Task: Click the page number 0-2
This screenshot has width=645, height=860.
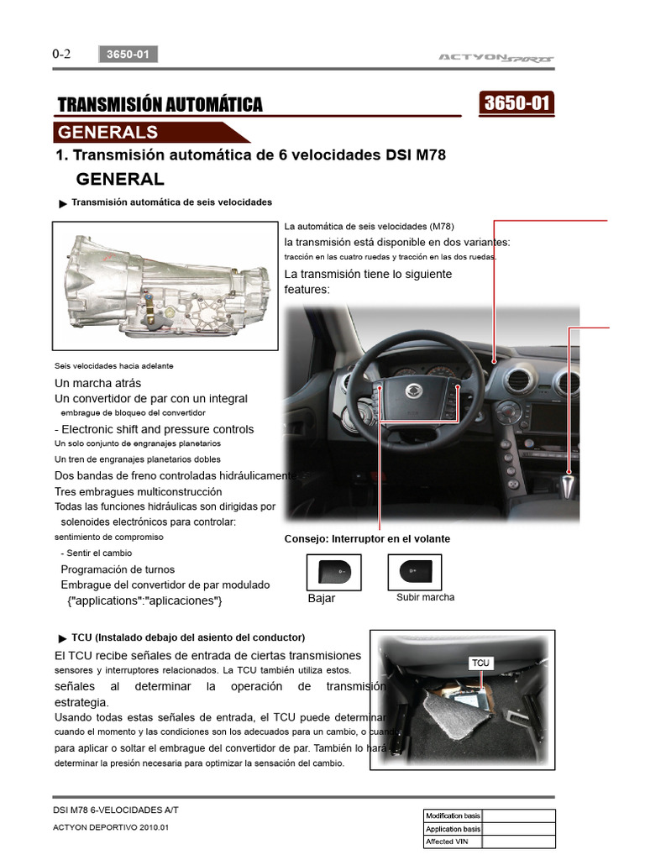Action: coord(61,54)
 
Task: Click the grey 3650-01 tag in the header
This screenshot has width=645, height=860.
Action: coord(128,55)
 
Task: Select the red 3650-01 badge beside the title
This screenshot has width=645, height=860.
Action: coord(517,103)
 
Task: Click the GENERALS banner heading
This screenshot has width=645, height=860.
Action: coord(107,132)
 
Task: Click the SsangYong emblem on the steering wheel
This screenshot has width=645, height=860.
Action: coord(413,391)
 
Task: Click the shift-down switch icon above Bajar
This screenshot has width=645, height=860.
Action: coord(334,572)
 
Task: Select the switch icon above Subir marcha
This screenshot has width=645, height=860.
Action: coord(415,572)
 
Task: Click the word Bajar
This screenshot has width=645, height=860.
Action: coord(322,599)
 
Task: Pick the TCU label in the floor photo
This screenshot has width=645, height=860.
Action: coord(480,663)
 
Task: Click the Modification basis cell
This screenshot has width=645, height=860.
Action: coord(454,815)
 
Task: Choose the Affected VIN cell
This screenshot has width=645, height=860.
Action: coord(454,841)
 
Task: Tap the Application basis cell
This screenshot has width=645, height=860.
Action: coord(454,828)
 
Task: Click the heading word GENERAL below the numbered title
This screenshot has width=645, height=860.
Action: coord(120,179)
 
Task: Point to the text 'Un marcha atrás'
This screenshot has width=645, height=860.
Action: coord(97,383)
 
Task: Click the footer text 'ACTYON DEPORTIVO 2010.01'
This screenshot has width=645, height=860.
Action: coord(111,827)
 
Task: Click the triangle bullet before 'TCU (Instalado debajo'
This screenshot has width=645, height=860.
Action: coord(63,638)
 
